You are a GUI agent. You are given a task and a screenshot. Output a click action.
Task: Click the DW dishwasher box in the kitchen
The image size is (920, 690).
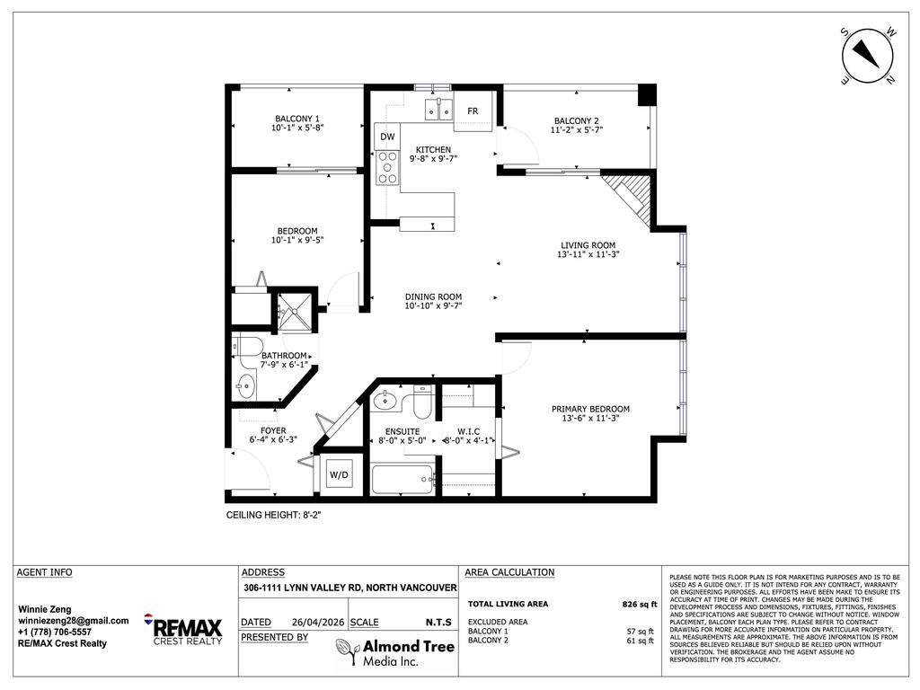(x=387, y=137)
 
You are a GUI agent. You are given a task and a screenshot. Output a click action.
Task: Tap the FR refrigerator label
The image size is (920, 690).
(x=473, y=111)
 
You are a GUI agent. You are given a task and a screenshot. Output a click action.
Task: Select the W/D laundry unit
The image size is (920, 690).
(x=339, y=474)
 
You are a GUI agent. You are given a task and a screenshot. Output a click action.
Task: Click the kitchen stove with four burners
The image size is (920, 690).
(x=387, y=167)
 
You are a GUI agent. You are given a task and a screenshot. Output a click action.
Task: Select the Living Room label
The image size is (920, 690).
(x=588, y=244)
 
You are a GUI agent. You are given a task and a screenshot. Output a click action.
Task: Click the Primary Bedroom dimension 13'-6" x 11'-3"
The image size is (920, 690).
(x=589, y=417)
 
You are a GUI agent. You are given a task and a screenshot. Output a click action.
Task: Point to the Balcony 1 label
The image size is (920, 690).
(x=296, y=119)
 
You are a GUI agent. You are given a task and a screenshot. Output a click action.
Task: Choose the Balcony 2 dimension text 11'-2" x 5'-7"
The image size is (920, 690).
(x=576, y=130)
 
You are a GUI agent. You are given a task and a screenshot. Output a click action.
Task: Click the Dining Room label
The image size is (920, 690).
(x=433, y=296)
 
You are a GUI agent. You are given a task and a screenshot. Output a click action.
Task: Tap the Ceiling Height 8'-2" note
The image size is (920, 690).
(x=273, y=516)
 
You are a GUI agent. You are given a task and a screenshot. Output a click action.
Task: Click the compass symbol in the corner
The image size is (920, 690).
(x=869, y=55)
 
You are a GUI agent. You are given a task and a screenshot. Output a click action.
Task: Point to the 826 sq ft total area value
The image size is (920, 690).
(x=639, y=605)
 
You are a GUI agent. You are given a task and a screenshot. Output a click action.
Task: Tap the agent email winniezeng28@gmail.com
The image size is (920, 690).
(x=74, y=620)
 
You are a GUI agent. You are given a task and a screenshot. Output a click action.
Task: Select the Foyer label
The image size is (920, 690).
(x=273, y=430)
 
